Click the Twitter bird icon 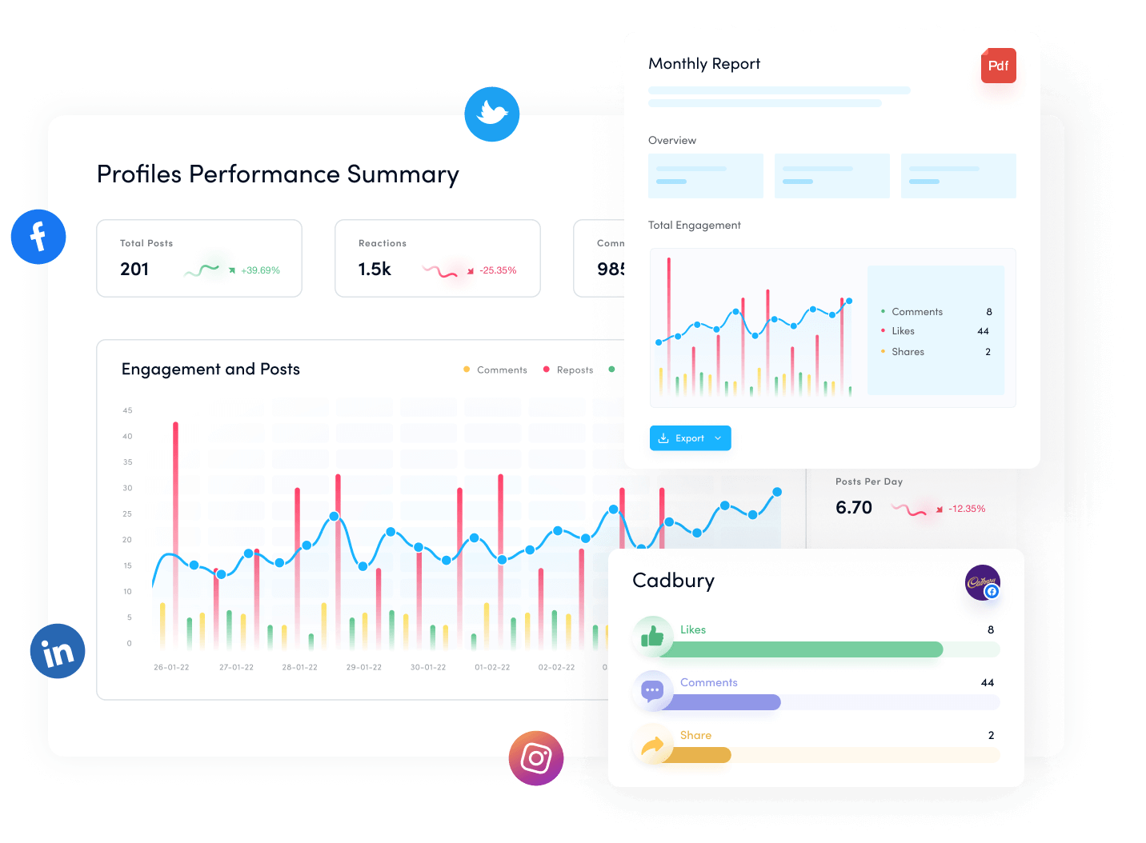click(x=492, y=114)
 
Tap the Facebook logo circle click(x=38, y=237)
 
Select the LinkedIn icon click(x=58, y=651)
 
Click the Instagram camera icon click(x=536, y=757)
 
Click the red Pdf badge click(x=998, y=66)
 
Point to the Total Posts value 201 click(x=134, y=270)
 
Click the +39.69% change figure click(x=260, y=270)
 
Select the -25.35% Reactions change click(x=498, y=270)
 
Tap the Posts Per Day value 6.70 click(x=853, y=508)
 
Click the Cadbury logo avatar click(x=982, y=582)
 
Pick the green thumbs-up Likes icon click(x=652, y=637)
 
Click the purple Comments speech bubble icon click(x=652, y=689)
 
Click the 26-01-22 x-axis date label click(x=171, y=667)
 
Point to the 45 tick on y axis click(x=127, y=410)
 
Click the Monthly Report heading click(x=704, y=64)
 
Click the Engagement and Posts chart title click(x=210, y=370)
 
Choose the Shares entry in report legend click(x=908, y=352)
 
